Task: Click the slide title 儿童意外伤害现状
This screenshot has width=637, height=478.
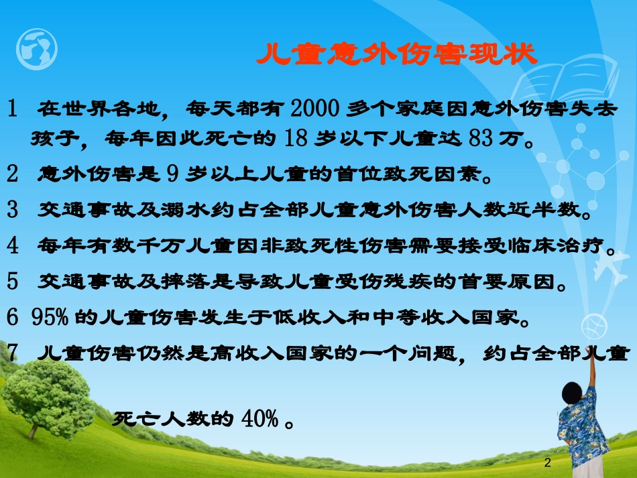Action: click(397, 55)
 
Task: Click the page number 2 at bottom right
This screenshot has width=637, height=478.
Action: click(548, 463)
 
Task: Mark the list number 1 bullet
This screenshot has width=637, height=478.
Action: click(13, 108)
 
